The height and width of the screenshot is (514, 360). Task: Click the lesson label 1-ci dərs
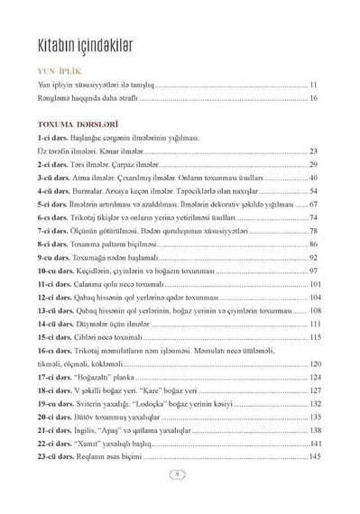[x=52, y=134]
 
